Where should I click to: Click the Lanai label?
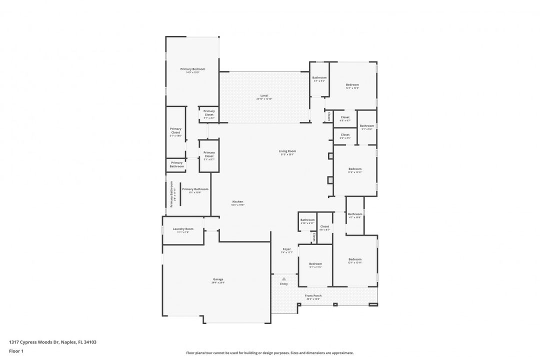coord(264,95)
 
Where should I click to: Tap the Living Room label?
coord(287,151)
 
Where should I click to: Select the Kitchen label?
coord(237,201)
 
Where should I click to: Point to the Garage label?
coord(218,279)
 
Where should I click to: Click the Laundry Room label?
coord(183,229)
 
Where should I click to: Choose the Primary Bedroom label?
coord(192,69)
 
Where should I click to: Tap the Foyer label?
coord(286,249)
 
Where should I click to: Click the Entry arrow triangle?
coord(284,279)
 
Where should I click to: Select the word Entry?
coord(284,284)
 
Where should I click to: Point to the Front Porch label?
coord(313,295)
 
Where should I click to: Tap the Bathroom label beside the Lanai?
coord(319,77)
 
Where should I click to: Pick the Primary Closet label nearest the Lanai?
coord(209,111)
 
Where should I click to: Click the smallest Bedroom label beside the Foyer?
coord(315,263)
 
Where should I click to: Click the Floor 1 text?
coord(16,351)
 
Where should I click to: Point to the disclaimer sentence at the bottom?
coord(269,352)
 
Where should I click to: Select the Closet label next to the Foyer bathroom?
coord(324,226)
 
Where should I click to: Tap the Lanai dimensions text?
coord(264,99)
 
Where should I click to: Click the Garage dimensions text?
coord(218,283)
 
